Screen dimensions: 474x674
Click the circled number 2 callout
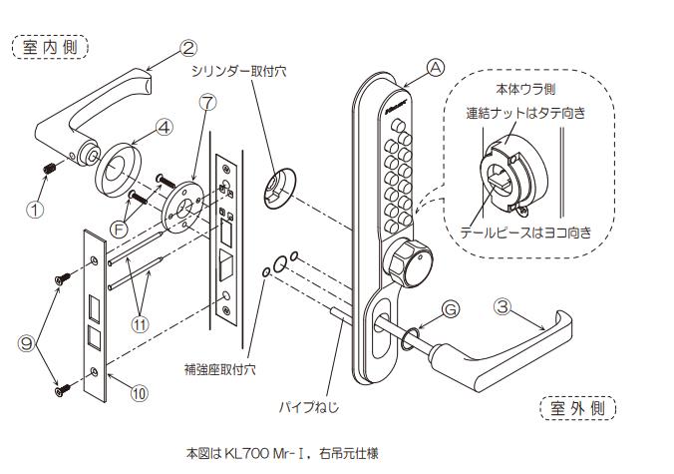[190, 46]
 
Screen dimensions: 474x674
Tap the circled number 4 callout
[165, 127]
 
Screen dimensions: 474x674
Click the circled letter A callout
[434, 67]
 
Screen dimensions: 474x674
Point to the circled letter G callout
[451, 310]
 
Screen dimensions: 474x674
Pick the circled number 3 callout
[504, 308]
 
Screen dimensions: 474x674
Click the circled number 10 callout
[139, 392]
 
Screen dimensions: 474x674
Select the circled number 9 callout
[29, 341]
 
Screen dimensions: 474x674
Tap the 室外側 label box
[578, 407]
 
